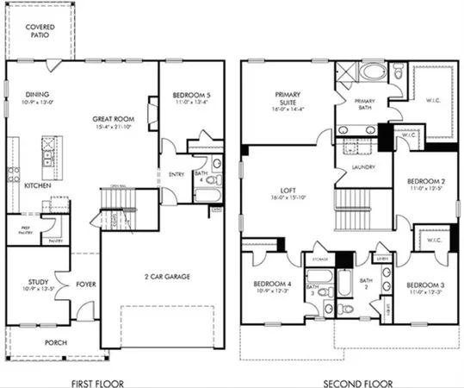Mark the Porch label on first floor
[54, 342]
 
